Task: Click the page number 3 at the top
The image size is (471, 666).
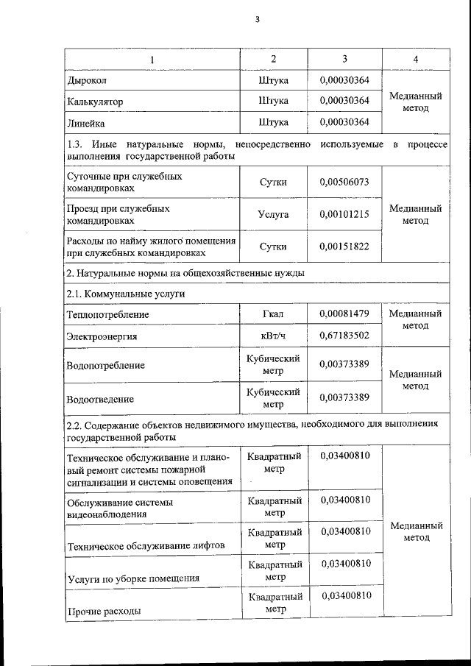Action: click(x=257, y=20)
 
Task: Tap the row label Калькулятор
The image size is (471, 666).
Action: click(x=95, y=100)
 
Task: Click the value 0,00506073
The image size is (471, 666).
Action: click(x=344, y=183)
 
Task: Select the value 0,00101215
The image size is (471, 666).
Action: click(x=344, y=214)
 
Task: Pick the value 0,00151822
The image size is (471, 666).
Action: click(x=344, y=247)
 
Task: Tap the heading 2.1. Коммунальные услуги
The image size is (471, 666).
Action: click(x=125, y=294)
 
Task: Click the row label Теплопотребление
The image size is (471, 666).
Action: click(x=107, y=314)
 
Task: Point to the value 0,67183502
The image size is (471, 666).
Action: click(x=344, y=336)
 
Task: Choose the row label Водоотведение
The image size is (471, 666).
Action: click(x=100, y=399)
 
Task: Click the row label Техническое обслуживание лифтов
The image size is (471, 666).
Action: click(x=145, y=545)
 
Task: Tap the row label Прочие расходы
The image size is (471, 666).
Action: click(x=104, y=611)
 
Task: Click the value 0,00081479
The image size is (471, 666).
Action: click(x=344, y=314)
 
